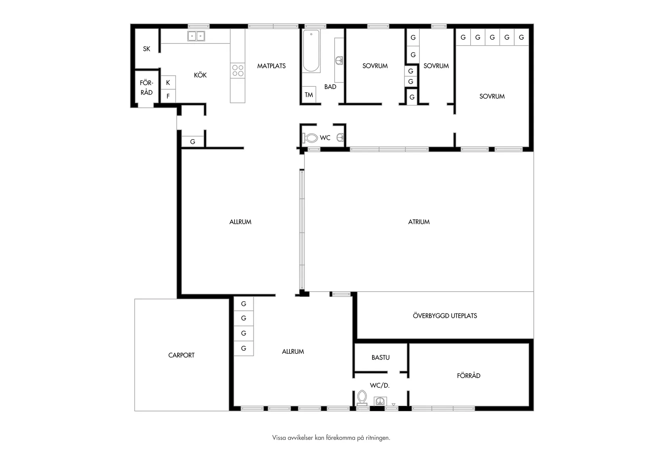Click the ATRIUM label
[x=419, y=222]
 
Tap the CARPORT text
[x=181, y=355]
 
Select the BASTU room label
[x=381, y=357]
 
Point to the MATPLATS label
[x=272, y=66]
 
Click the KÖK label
[x=200, y=75]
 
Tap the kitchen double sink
[x=196, y=36]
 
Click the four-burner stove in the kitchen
[x=238, y=71]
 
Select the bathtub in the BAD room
[x=311, y=51]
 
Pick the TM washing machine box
[x=309, y=95]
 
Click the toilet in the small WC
[x=310, y=138]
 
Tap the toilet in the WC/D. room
[x=362, y=398]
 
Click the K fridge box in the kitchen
[x=168, y=83]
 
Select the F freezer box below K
[x=168, y=96]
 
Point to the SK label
[x=147, y=49]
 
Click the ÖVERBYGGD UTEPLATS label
[x=445, y=316]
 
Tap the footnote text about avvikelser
[x=331, y=438]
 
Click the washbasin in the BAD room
[x=339, y=61]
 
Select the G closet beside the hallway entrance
[x=193, y=142]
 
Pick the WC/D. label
[x=380, y=386]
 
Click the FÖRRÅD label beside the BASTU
[x=469, y=376]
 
